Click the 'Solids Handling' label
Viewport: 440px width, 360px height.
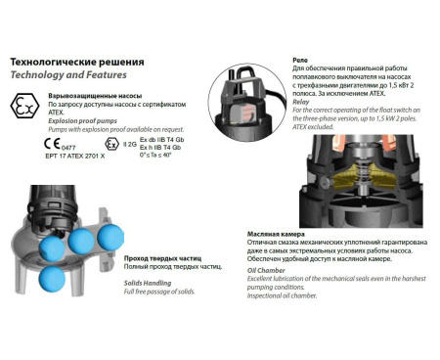click(145, 282)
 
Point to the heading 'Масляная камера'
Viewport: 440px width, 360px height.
click(276, 235)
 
